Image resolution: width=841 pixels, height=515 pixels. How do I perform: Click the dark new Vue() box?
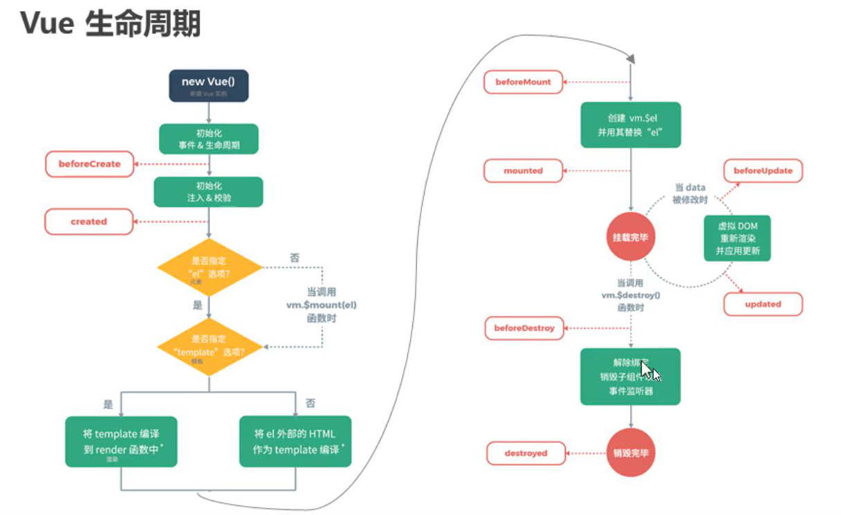click(208, 86)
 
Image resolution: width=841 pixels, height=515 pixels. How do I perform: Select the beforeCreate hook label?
click(89, 164)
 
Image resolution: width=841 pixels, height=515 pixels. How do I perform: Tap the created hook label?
click(89, 222)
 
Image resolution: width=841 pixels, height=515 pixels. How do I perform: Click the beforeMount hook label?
click(523, 82)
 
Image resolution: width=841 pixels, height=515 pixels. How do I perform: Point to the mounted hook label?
click(523, 170)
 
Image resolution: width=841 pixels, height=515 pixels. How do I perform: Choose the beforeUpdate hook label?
click(763, 170)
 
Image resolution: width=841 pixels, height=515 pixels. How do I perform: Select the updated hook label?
click(763, 304)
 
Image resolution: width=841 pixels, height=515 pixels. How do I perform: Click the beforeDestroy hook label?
click(524, 327)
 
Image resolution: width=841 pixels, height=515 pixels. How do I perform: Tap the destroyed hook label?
click(526, 453)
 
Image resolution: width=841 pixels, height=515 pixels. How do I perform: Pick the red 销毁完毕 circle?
click(631, 453)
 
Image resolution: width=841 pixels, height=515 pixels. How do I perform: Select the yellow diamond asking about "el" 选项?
click(210, 267)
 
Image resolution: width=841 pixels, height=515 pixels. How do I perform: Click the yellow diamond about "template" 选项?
click(210, 346)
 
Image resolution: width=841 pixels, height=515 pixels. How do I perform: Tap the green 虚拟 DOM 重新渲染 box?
click(737, 237)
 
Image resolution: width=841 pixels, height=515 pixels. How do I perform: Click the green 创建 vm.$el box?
click(630, 125)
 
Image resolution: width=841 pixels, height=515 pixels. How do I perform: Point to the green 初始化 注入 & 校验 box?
click(208, 192)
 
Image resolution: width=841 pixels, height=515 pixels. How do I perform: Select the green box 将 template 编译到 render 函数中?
click(121, 442)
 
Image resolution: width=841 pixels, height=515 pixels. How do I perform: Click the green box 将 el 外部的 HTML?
click(295, 442)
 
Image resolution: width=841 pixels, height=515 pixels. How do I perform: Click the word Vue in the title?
click(47, 24)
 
